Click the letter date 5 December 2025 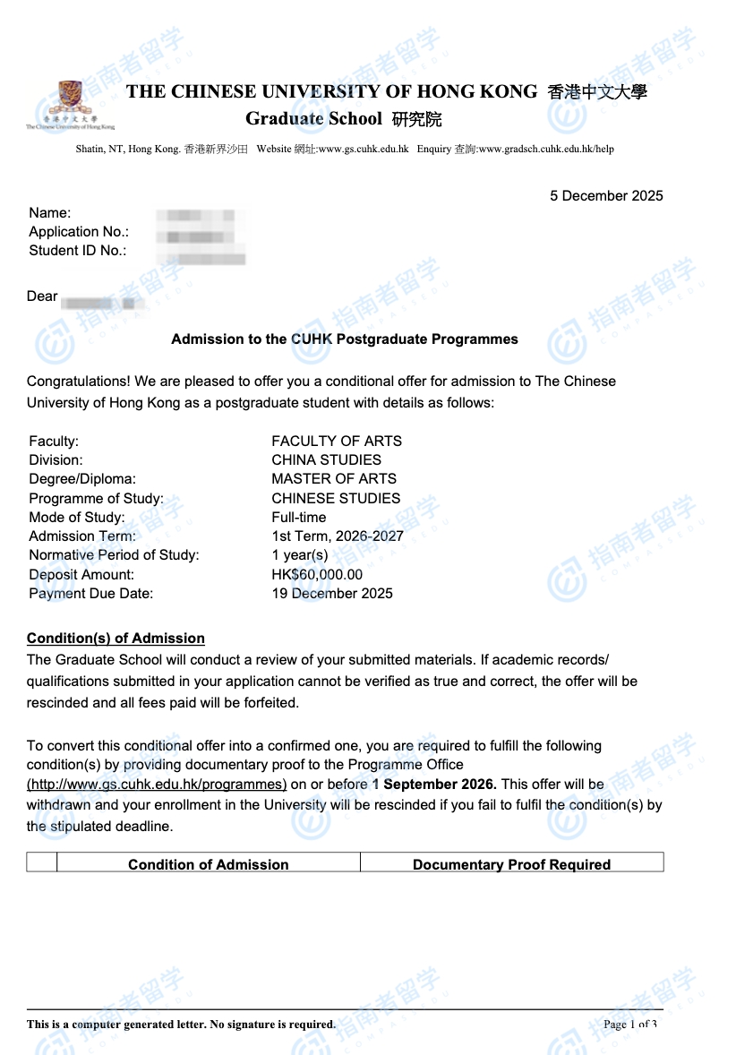(606, 196)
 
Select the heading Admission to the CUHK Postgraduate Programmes (344, 339)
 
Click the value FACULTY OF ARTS (337, 441)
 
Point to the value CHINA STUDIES (326, 460)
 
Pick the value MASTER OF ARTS (334, 479)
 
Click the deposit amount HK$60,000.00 (317, 575)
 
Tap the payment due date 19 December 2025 (332, 594)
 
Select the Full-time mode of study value (299, 518)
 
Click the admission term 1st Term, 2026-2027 (338, 536)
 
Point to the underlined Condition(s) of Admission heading (116, 639)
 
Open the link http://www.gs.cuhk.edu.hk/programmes (157, 785)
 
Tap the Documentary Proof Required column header (511, 864)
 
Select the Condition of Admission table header (208, 864)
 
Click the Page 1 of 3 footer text (630, 1024)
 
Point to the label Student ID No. (78, 251)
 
